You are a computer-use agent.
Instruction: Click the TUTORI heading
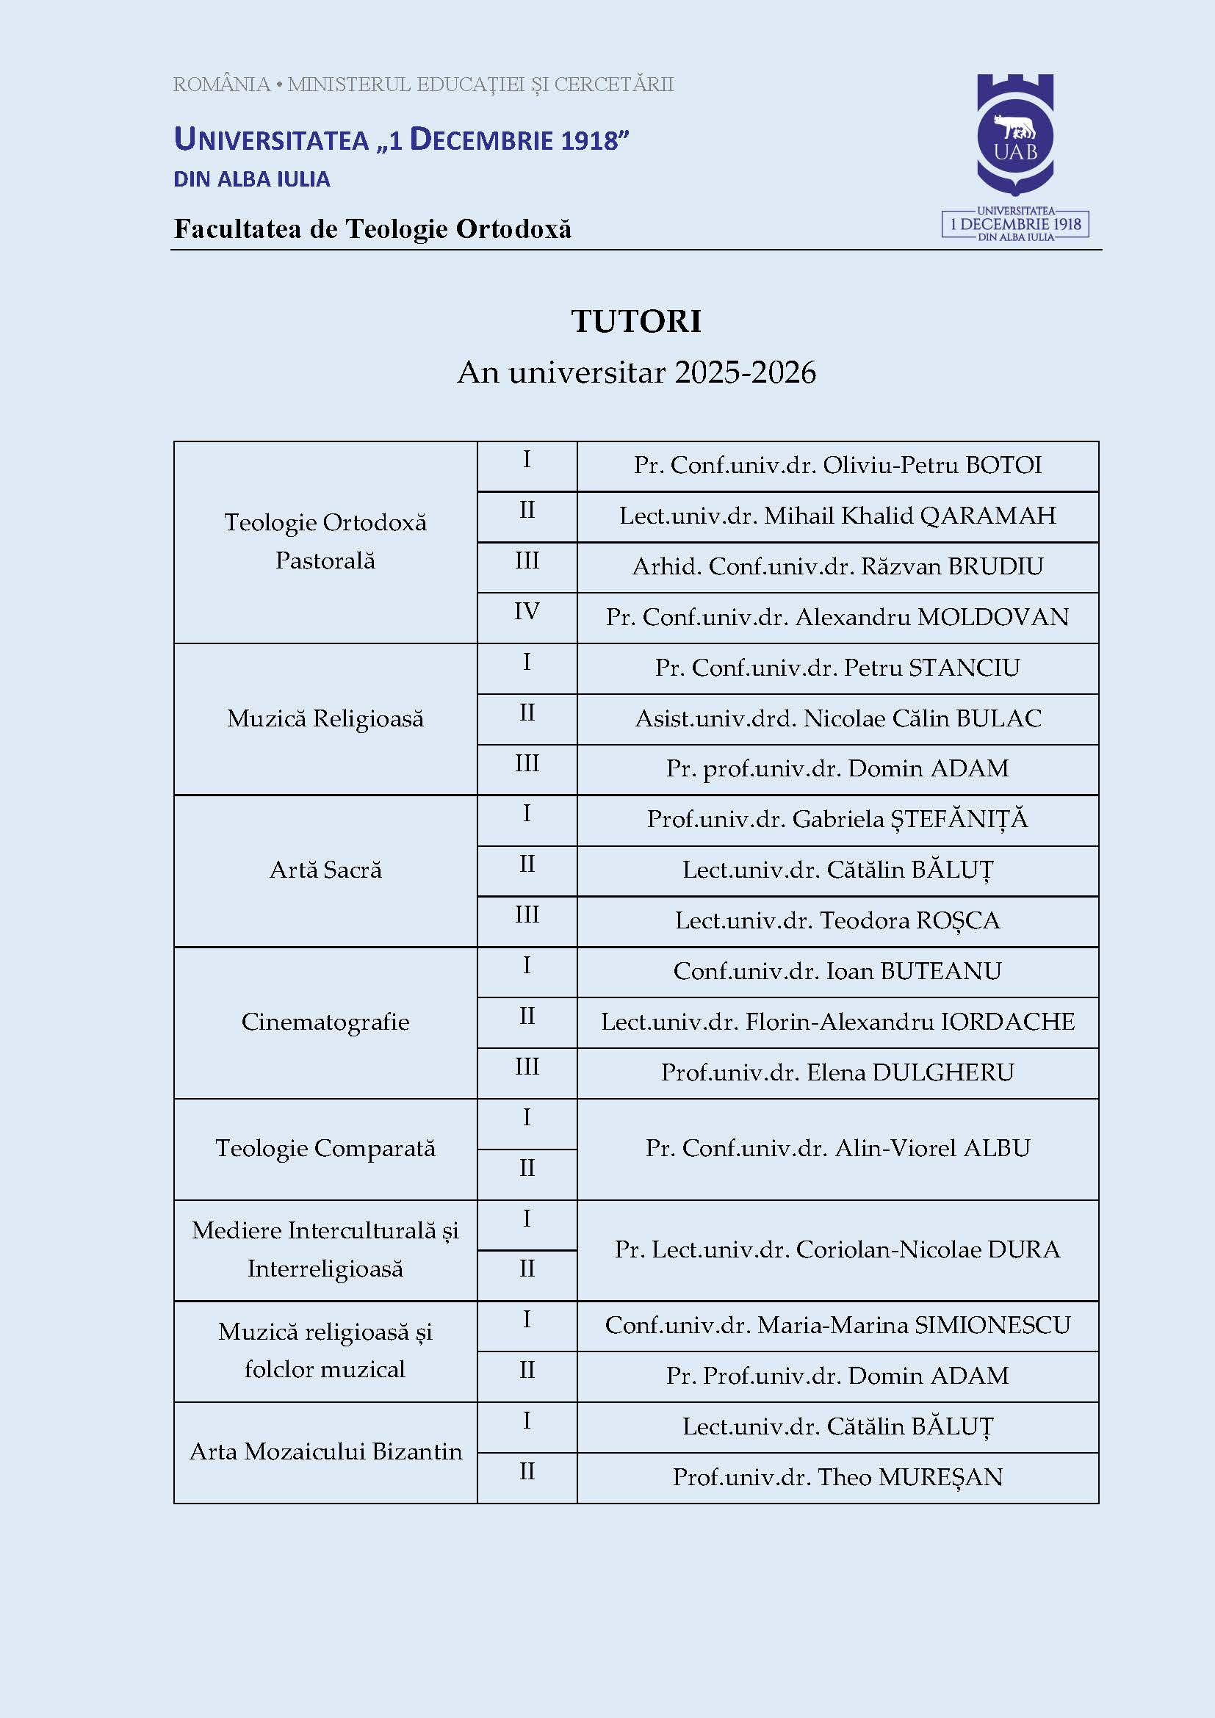pyautogui.click(x=636, y=321)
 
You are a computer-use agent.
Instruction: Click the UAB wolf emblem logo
pyautogui.click(x=1015, y=135)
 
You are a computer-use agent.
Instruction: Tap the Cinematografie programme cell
pyautogui.click(x=325, y=1022)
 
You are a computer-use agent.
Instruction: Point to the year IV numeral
pyautogui.click(x=527, y=611)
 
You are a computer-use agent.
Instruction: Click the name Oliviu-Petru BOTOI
pyautogui.click(x=932, y=465)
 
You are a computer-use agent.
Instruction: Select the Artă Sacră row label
pyautogui.click(x=325, y=870)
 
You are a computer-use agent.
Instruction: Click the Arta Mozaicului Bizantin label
pyautogui.click(x=325, y=1451)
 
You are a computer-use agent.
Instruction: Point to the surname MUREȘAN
pyautogui.click(x=940, y=1477)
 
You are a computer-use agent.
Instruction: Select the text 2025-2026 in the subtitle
pyautogui.click(x=745, y=372)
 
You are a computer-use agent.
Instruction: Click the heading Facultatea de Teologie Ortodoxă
pyautogui.click(x=372, y=229)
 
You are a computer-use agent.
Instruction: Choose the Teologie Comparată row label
pyautogui.click(x=325, y=1148)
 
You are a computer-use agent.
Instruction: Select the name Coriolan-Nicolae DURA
pyautogui.click(x=928, y=1249)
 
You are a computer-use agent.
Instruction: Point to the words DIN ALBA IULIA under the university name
pyautogui.click(x=251, y=179)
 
